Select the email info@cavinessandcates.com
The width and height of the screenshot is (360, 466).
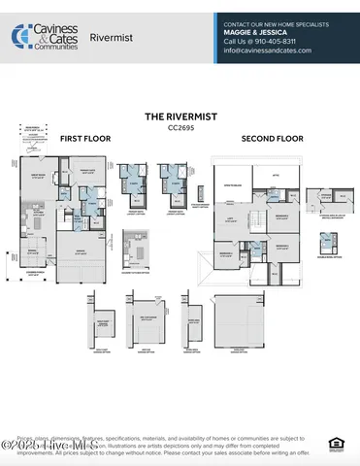click(x=269, y=51)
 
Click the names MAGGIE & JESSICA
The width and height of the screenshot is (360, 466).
click(x=257, y=32)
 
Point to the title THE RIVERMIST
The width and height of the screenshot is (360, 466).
click(x=180, y=116)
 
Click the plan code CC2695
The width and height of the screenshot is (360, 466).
click(x=180, y=127)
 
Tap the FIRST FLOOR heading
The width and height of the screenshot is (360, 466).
click(x=85, y=139)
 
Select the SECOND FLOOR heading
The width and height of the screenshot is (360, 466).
click(x=272, y=139)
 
